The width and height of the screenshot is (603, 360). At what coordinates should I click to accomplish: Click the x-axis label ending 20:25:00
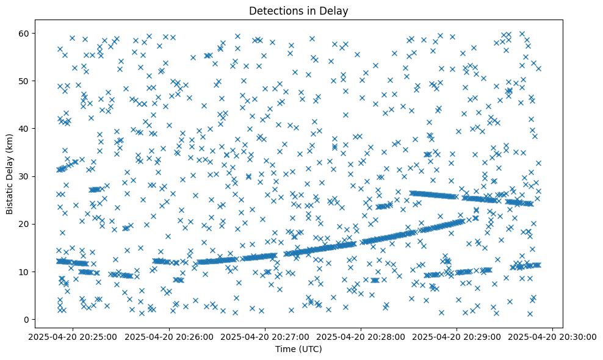[x=73, y=337]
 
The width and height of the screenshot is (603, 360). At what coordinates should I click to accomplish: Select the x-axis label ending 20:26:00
[x=169, y=337]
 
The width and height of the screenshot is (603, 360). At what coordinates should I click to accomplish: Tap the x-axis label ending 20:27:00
[x=265, y=337]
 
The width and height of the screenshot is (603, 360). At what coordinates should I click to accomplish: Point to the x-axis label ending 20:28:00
[x=361, y=337]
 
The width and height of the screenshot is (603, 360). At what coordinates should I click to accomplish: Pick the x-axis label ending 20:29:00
[x=457, y=337]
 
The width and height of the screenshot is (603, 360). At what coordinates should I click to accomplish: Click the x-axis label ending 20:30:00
[x=552, y=337]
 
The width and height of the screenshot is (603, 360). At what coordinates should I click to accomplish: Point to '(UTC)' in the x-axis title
[x=312, y=349]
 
